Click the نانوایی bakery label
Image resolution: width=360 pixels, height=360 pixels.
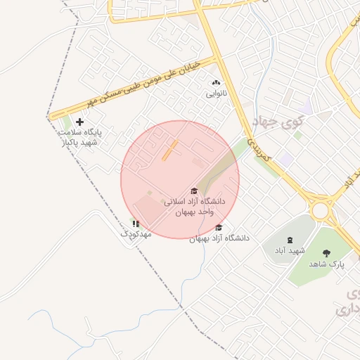(x=216, y=93)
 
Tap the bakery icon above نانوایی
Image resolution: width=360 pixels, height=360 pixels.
(x=216, y=83)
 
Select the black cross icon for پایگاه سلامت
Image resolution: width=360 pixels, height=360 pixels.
(x=79, y=122)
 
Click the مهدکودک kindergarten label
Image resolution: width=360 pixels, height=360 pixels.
(x=136, y=233)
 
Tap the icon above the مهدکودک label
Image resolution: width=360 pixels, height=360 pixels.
(x=136, y=223)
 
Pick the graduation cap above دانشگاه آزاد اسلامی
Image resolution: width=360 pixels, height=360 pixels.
(x=194, y=191)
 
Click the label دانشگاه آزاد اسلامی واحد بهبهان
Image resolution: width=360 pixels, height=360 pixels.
(x=194, y=206)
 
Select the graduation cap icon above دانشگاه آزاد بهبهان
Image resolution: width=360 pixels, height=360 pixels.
(x=219, y=227)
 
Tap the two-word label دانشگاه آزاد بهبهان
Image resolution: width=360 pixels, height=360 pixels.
(x=219, y=238)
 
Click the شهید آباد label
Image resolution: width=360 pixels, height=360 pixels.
(x=291, y=251)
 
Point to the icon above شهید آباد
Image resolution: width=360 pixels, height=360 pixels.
(x=291, y=240)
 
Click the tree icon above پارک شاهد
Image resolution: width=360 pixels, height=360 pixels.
(x=326, y=253)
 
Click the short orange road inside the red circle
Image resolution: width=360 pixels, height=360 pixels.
(x=170, y=150)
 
